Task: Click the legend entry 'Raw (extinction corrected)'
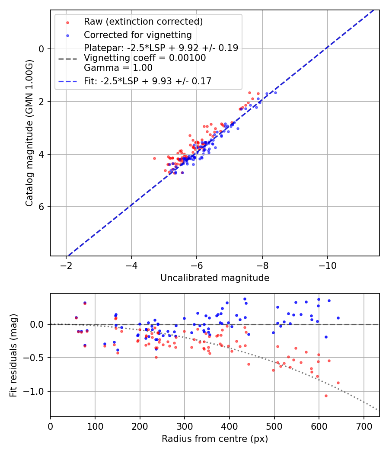[x=143, y=22]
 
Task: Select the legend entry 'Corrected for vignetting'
[x=138, y=35]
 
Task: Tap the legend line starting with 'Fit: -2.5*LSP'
[x=147, y=81]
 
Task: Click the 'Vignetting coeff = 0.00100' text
[x=145, y=58]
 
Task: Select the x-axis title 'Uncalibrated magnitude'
[x=215, y=278]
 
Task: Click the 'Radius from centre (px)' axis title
[x=215, y=439]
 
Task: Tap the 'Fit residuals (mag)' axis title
[x=13, y=355]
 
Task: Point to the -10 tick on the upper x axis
[x=327, y=265]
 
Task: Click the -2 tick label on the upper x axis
[x=66, y=265]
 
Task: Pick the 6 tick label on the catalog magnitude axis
[x=41, y=207]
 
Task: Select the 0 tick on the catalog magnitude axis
[x=41, y=49]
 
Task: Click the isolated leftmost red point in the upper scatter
[x=154, y=158]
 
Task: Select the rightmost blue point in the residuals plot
[x=338, y=318]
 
